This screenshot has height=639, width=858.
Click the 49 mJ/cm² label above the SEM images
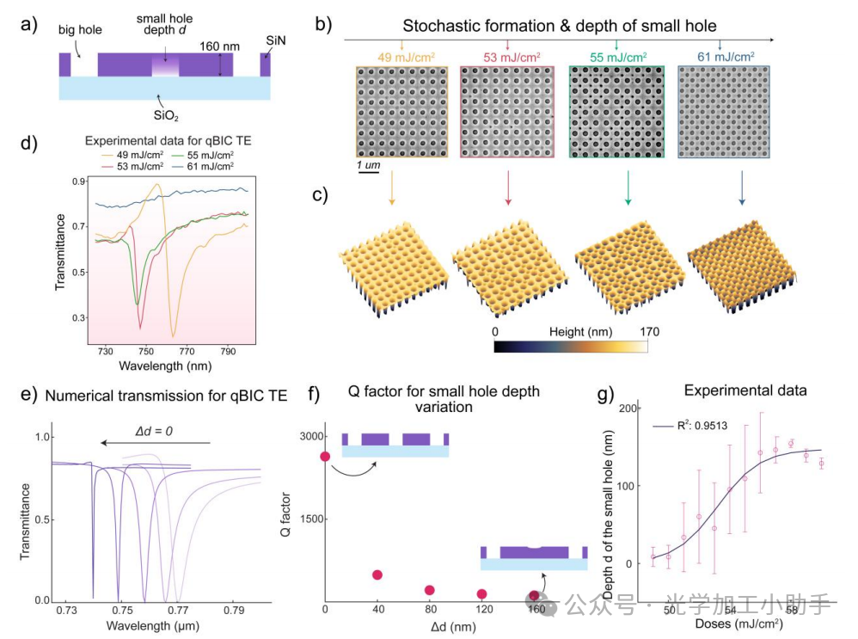pos(401,57)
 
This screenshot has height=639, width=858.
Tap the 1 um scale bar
pos(369,170)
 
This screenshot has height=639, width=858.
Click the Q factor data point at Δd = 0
pos(325,456)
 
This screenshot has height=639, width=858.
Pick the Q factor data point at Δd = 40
pos(377,574)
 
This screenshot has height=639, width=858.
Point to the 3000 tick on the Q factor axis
pos(307,437)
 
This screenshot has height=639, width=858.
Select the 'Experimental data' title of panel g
pos(745,390)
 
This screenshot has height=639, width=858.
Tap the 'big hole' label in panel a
pos(81,30)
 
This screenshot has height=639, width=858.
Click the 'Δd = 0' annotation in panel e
pos(156,427)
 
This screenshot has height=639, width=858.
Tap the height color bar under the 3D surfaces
pos(571,345)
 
